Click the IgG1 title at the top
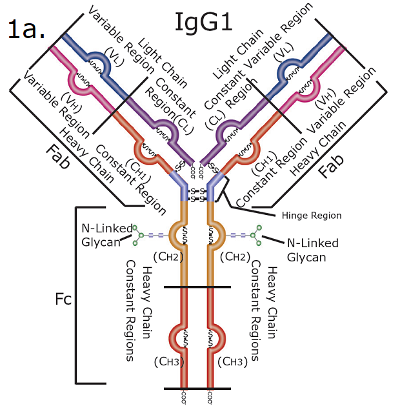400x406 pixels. (x=204, y=21)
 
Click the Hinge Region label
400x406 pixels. (x=312, y=215)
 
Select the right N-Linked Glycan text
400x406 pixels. (x=313, y=250)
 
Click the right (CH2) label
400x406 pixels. (x=234, y=257)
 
